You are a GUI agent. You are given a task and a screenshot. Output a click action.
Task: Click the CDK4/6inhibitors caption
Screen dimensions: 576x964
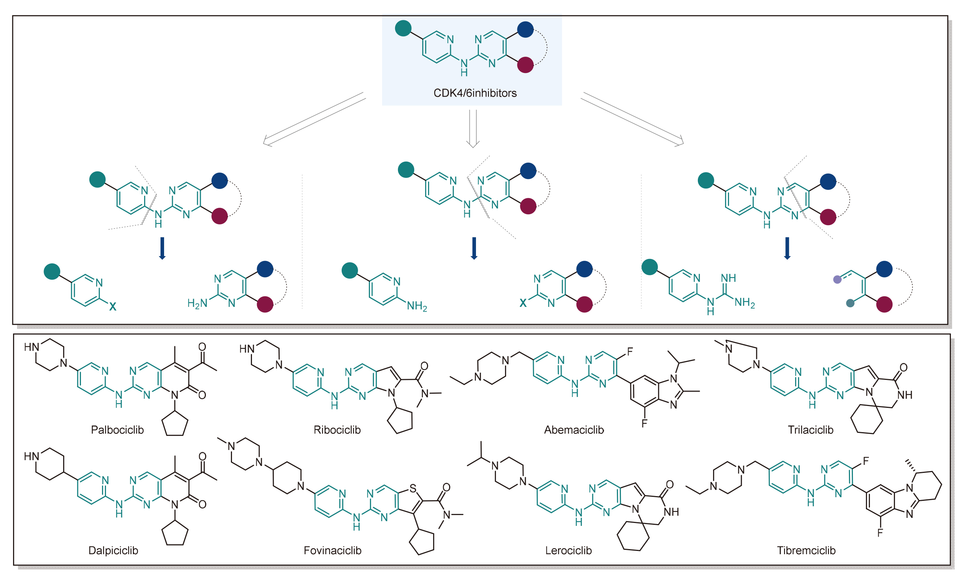[x=475, y=93]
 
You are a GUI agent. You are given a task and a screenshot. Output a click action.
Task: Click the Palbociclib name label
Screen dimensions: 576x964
[x=117, y=430]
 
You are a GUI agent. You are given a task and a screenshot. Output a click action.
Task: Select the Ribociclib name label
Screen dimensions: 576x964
[x=337, y=430]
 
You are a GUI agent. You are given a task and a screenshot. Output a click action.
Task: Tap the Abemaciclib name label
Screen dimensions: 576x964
[x=574, y=430]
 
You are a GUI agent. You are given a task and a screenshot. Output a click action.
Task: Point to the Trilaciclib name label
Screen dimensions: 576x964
[x=810, y=430]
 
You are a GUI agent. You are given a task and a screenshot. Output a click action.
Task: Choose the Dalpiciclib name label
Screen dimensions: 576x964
[x=113, y=550]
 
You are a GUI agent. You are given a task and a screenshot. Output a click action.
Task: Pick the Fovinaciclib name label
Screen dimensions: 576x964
[x=333, y=550]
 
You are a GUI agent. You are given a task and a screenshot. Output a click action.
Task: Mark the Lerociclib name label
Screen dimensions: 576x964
[x=568, y=550]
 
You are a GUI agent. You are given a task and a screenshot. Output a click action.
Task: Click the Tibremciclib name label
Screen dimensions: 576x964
[x=806, y=550]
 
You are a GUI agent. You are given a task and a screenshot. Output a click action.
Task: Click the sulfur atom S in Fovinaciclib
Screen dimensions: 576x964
[x=413, y=488]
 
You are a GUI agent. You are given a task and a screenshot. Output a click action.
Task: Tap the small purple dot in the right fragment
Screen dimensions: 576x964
[x=837, y=279]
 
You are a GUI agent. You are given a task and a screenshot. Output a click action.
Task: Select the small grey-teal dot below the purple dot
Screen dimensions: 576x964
[x=850, y=303]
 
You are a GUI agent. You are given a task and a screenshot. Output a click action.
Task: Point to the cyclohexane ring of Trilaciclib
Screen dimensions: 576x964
[x=866, y=419]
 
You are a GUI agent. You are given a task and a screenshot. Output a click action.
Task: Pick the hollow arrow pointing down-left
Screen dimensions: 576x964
[x=314, y=119]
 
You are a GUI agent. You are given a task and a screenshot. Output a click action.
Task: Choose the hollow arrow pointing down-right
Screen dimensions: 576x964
[x=633, y=119]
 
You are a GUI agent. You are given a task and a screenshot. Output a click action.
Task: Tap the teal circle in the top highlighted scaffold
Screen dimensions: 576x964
[x=403, y=28]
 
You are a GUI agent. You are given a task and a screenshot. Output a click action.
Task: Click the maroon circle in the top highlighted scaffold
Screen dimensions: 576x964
[x=525, y=65]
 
